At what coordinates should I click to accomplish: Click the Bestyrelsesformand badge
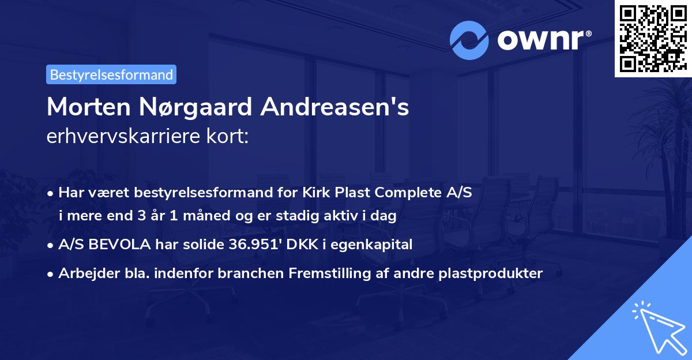[x=111, y=74]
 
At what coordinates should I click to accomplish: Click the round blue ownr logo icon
[x=469, y=40]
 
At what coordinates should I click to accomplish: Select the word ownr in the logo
[x=544, y=40]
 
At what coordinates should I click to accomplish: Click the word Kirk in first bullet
[x=319, y=193]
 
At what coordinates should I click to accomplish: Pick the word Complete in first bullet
[x=407, y=193]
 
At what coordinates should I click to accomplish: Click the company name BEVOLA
[x=114, y=245]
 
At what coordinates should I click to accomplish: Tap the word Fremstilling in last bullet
[x=336, y=273]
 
